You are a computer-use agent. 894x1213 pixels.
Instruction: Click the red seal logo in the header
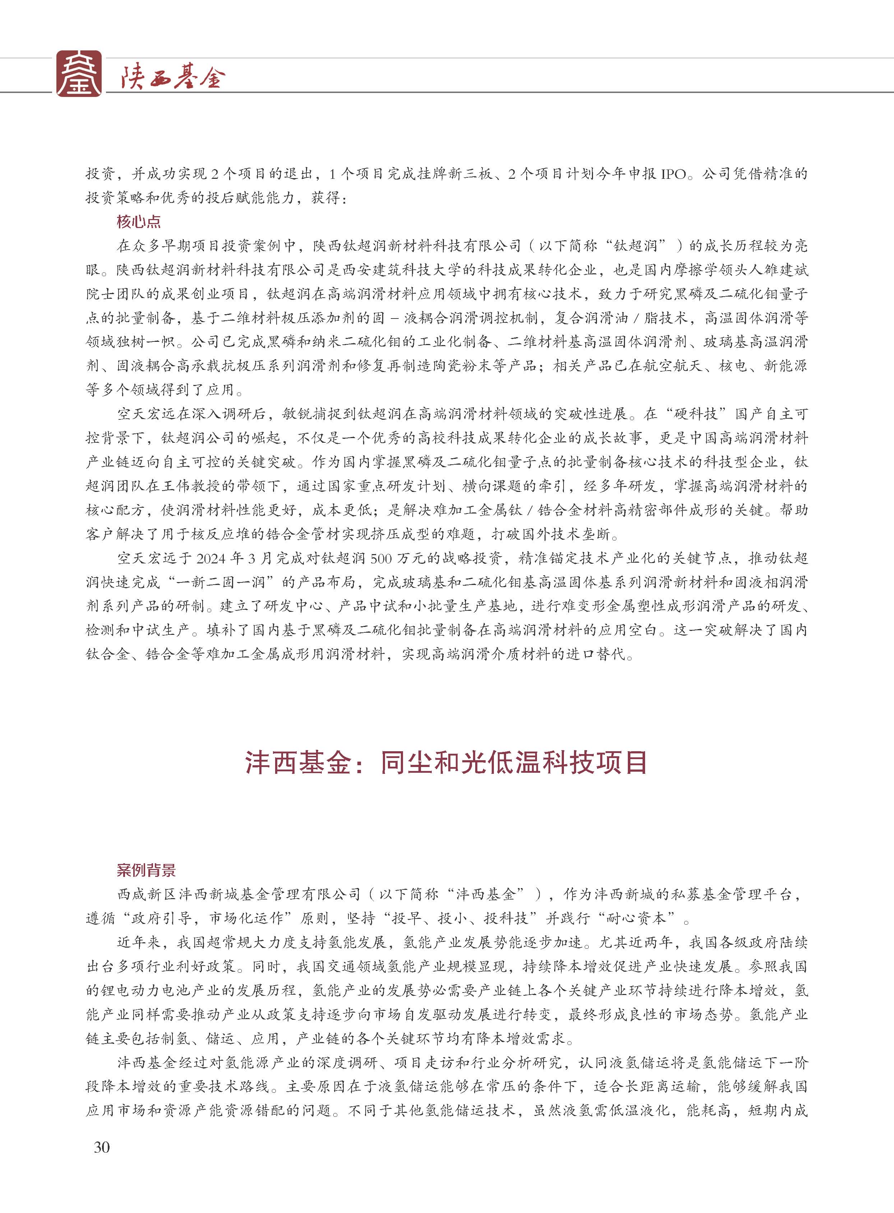[79, 74]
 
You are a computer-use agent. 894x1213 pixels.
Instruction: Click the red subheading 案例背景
[146, 870]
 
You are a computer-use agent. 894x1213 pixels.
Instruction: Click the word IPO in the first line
[673, 174]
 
